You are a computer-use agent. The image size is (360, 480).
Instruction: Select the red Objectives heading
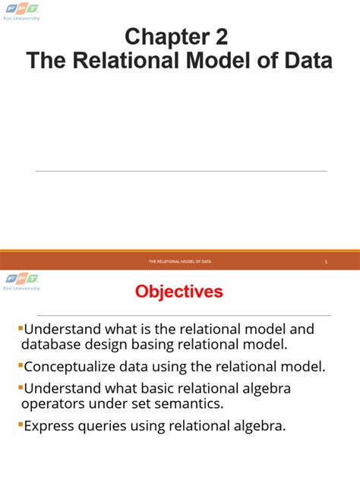(179, 292)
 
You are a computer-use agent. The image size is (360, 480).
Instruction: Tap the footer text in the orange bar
(180, 261)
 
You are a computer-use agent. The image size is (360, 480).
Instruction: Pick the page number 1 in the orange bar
(326, 261)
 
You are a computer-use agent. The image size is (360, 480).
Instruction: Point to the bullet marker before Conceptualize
(20, 365)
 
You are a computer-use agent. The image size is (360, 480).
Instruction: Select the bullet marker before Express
(20, 424)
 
